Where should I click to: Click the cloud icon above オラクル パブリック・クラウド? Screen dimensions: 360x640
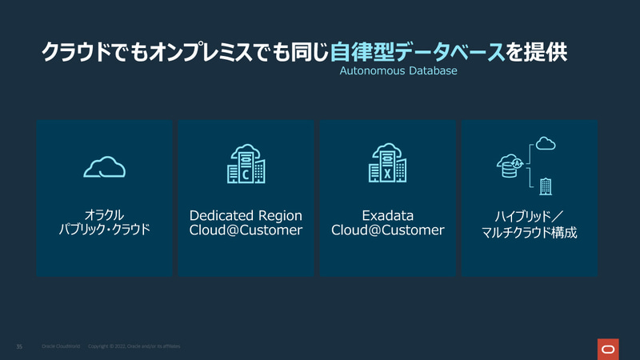(x=104, y=167)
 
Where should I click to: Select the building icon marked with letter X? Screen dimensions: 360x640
(x=387, y=164)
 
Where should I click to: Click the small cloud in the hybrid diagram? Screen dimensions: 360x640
(x=546, y=144)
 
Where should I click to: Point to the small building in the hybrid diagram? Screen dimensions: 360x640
(x=546, y=186)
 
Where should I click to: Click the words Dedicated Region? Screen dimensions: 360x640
(x=246, y=216)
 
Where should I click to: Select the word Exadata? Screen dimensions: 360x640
(x=387, y=216)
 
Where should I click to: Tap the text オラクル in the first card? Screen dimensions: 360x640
(x=104, y=215)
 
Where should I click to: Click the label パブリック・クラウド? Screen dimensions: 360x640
(x=104, y=231)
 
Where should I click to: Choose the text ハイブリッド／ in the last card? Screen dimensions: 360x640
(x=529, y=217)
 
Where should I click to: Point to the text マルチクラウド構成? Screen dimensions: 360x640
(x=529, y=234)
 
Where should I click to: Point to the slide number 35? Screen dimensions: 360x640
(x=19, y=346)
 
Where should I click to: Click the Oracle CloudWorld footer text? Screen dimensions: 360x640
(x=60, y=346)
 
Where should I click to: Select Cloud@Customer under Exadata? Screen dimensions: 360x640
(x=387, y=231)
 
